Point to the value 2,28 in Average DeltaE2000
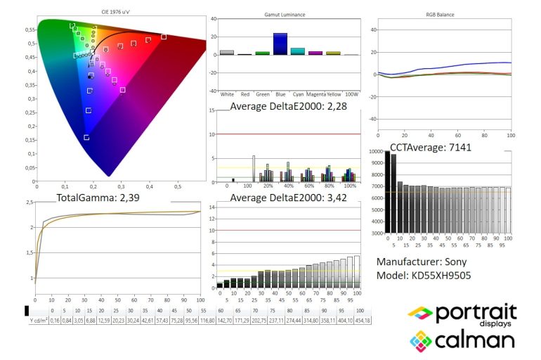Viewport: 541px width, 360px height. (337, 106)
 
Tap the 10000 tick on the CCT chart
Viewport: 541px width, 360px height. (374, 153)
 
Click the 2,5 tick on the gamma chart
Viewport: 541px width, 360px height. (30, 202)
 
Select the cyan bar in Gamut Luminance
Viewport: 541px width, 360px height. (298, 51)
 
